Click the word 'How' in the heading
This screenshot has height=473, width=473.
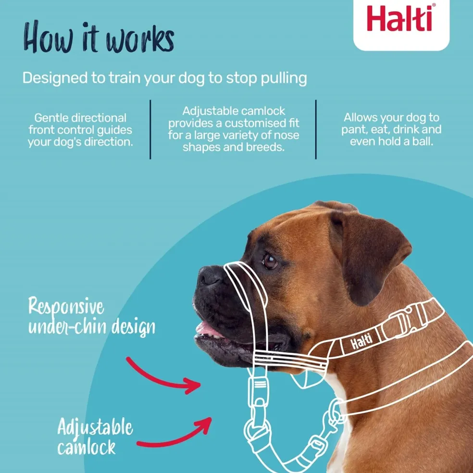(x=48, y=37)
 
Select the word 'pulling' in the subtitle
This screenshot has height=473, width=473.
(x=284, y=78)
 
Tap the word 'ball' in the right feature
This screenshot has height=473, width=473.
(x=423, y=141)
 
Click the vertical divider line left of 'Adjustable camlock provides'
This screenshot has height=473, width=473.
(x=150, y=129)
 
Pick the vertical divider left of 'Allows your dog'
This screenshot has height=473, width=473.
(x=316, y=129)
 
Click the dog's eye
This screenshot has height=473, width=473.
(x=270, y=261)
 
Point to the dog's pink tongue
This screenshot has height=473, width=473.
(x=208, y=330)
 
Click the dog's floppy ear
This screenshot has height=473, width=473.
(x=371, y=256)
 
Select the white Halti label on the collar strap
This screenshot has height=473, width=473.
(x=361, y=342)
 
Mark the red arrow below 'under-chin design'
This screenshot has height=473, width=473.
(x=163, y=376)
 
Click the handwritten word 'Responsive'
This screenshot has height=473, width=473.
(x=66, y=307)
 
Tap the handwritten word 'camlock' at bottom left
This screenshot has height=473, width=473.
(x=86, y=447)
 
